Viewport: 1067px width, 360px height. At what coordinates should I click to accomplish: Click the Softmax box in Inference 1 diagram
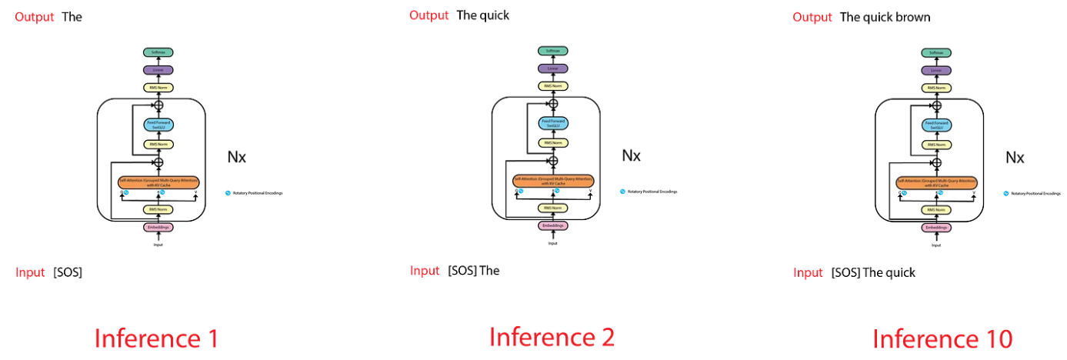click(x=158, y=52)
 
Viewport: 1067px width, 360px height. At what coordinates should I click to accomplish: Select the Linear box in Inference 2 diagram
click(x=552, y=68)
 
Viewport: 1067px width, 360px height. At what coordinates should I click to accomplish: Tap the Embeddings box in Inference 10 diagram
click(x=936, y=228)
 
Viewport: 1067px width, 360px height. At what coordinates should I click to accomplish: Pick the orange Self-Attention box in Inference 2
click(x=552, y=181)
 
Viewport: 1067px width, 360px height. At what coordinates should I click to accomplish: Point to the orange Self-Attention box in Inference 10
click(x=936, y=183)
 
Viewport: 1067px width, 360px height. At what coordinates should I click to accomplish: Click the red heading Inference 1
click(x=156, y=338)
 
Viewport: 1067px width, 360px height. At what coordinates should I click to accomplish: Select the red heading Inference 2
click(x=552, y=336)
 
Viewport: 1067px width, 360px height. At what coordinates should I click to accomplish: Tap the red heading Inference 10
click(x=942, y=338)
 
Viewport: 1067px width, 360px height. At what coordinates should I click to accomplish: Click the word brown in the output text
click(x=912, y=17)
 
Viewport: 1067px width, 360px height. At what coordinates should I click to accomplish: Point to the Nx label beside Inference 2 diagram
click(x=631, y=155)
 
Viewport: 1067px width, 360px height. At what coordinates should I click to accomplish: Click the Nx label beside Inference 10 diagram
click(x=1015, y=158)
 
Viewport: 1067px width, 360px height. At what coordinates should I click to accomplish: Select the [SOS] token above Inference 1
click(x=68, y=272)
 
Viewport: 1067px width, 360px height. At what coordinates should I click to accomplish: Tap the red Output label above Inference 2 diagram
click(x=428, y=15)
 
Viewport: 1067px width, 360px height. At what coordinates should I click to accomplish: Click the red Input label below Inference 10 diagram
click(x=808, y=272)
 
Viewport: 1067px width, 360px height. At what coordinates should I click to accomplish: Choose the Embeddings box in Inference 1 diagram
click(x=158, y=227)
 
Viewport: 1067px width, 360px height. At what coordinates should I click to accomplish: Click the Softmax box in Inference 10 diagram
click(x=936, y=53)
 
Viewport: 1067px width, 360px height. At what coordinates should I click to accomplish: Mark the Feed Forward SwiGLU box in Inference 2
click(x=552, y=123)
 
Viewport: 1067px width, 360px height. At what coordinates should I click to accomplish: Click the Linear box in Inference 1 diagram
click(x=158, y=70)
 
